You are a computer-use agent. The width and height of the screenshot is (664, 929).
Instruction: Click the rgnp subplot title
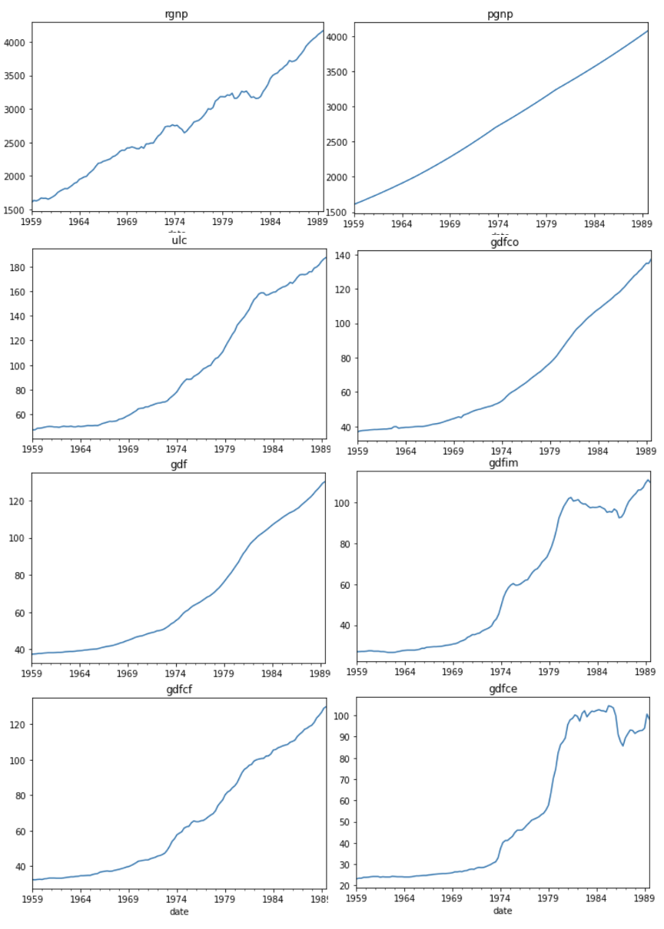pos(177,13)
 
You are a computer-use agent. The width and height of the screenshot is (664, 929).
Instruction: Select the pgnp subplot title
pos(500,13)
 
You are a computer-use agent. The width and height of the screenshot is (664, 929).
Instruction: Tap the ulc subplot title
pos(178,240)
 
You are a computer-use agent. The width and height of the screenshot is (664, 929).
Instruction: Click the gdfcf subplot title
pos(178,689)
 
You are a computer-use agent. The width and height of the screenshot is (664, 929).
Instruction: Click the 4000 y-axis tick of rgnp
pos(15,43)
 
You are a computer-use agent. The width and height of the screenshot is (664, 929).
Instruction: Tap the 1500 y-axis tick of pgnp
pos(338,212)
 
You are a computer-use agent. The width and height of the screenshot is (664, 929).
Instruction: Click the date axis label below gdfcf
pos(178,911)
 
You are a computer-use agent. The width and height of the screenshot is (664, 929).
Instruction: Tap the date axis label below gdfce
pos(503,911)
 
